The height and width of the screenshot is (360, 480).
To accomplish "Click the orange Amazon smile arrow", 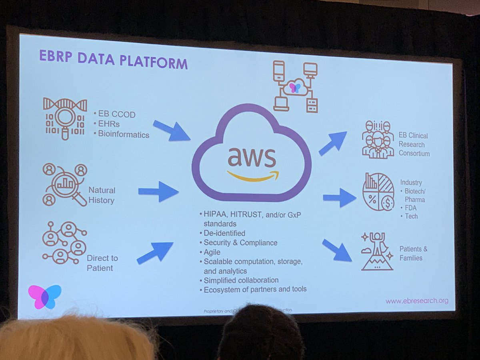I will tap(253, 176).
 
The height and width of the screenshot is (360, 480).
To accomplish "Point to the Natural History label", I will tap(102, 195).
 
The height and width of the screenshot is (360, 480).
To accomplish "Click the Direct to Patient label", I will tap(102, 263).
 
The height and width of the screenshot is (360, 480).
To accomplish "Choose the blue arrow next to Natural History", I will tap(158, 192).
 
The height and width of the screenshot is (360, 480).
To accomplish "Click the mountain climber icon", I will tap(377, 251).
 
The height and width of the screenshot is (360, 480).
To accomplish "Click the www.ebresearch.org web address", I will tap(417, 301).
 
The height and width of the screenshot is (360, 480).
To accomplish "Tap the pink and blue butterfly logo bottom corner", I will tap(44, 296).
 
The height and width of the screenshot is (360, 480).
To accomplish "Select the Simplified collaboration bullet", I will tap(241, 280).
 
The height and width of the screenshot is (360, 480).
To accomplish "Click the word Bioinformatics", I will tap(124, 134).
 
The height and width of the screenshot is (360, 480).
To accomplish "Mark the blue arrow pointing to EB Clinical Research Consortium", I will tap(332, 143).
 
